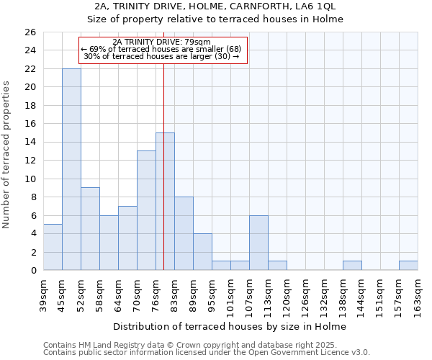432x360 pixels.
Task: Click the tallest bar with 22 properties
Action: coord(71,169)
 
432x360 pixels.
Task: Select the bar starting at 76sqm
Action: coord(165,202)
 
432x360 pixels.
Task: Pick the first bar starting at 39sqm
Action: coord(53,247)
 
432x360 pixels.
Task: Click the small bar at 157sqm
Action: coord(408,266)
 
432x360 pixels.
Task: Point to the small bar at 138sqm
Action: coord(352,266)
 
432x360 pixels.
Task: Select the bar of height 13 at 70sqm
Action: coord(146,210)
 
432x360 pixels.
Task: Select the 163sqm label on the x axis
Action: coord(418,294)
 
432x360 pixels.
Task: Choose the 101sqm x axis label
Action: coord(230,294)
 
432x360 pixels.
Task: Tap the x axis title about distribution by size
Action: coord(230,326)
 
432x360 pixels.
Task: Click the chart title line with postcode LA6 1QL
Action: coord(216,6)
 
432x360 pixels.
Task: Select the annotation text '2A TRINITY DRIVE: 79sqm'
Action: coord(162,42)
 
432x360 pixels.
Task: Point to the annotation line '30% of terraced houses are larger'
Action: coord(162,56)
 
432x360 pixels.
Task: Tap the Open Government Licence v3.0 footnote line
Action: coord(207,352)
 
